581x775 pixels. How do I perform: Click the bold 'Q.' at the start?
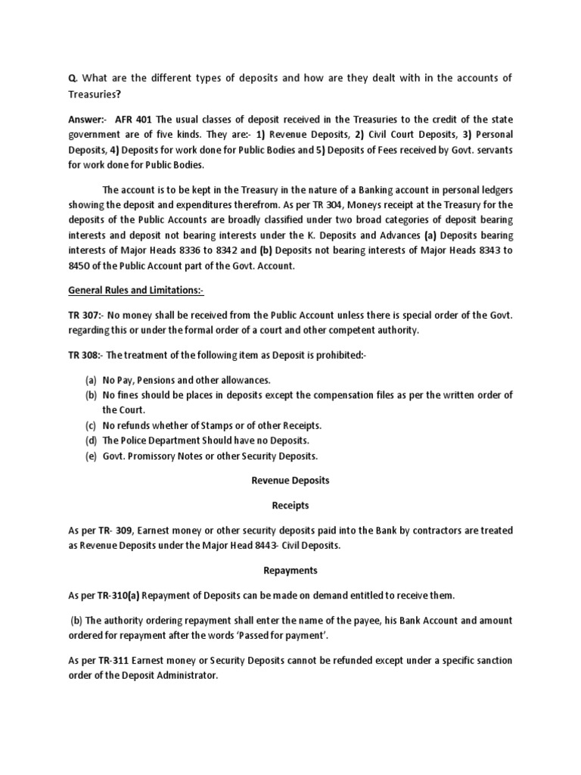point(73,77)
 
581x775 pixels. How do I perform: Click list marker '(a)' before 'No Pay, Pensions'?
point(91,379)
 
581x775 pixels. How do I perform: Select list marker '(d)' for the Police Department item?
point(91,440)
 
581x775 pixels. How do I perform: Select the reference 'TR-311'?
point(101,660)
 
